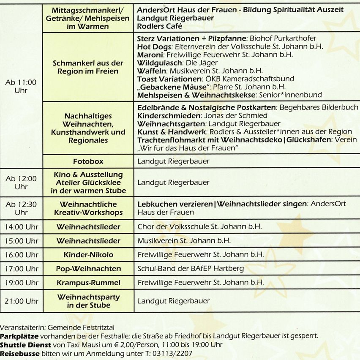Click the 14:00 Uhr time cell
tap(21, 227)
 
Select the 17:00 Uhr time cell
tap(21, 269)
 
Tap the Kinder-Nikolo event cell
tap(88, 255)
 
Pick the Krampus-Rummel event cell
tap(88, 283)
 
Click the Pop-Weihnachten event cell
tap(88, 269)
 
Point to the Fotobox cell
tap(88, 161)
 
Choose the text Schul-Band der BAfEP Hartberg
tap(191, 269)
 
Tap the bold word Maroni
tap(150, 55)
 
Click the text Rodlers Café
tap(160, 26)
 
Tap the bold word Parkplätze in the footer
tap(19, 336)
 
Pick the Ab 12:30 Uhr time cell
tap(21, 208)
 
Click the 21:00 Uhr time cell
tap(21, 301)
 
